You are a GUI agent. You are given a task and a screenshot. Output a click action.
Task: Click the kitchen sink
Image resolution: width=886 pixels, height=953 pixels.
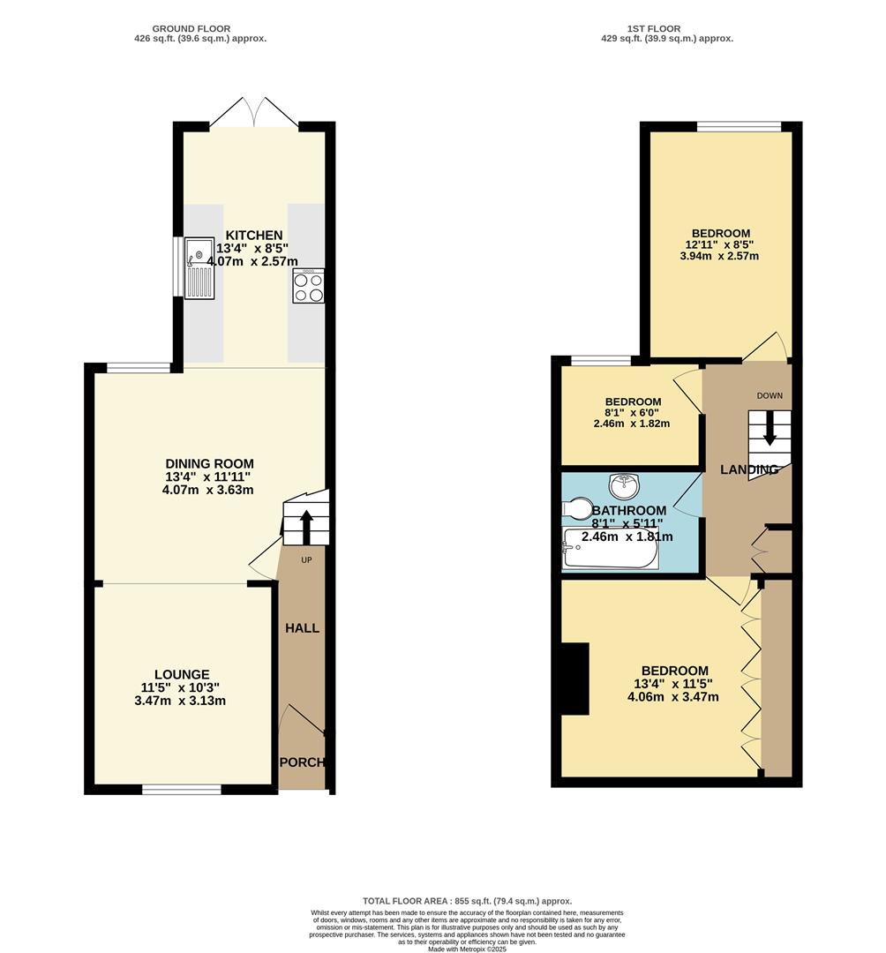pyautogui.click(x=199, y=267)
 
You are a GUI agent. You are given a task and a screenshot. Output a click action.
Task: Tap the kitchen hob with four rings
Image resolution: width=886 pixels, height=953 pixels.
pyautogui.click(x=308, y=286)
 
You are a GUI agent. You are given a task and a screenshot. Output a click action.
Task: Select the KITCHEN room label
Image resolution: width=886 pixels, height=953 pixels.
pyautogui.click(x=254, y=236)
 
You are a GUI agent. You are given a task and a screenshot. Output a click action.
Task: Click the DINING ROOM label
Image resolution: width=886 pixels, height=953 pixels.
pyautogui.click(x=210, y=464)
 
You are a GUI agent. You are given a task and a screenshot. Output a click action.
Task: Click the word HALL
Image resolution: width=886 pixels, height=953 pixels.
pyautogui.click(x=302, y=628)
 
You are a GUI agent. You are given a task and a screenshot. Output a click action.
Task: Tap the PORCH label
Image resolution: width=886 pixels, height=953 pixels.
pyautogui.click(x=302, y=762)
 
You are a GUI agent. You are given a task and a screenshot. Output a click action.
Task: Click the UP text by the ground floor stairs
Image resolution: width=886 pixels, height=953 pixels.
pyautogui.click(x=307, y=559)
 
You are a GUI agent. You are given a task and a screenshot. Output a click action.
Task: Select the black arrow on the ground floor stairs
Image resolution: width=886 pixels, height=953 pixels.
pyautogui.click(x=306, y=526)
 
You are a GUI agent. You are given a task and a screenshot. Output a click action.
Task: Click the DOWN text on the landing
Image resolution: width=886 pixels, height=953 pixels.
pyautogui.click(x=769, y=395)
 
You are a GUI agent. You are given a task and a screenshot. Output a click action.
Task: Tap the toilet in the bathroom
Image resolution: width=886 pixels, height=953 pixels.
pyautogui.click(x=578, y=510)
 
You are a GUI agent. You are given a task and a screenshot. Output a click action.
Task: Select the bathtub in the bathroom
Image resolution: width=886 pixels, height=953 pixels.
pyautogui.click(x=610, y=549)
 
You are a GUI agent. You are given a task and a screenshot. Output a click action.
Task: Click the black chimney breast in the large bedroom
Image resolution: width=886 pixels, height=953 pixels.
pyautogui.click(x=575, y=679)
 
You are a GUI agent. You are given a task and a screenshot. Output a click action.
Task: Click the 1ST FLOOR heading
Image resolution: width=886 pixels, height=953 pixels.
pyautogui.click(x=654, y=29)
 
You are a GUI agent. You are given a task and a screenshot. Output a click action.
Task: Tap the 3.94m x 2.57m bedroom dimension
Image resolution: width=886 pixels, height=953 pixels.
pyautogui.click(x=721, y=257)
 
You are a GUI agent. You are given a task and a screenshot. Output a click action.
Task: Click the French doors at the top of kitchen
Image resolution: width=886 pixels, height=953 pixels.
pyautogui.click(x=254, y=113)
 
